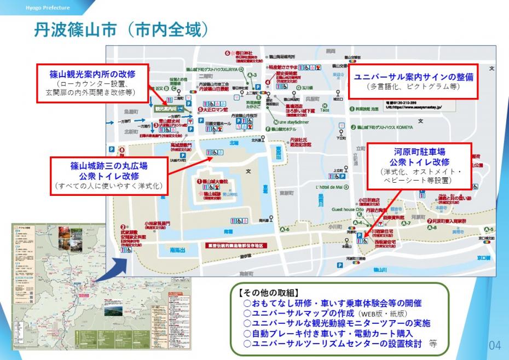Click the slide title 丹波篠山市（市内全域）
click(x=122, y=30)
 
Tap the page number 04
click(x=494, y=345)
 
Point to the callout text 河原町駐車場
click(x=419, y=151)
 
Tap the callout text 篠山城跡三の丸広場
click(x=109, y=165)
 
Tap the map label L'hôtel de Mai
click(x=329, y=187)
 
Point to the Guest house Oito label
click(x=348, y=209)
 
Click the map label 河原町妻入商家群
click(x=448, y=221)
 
